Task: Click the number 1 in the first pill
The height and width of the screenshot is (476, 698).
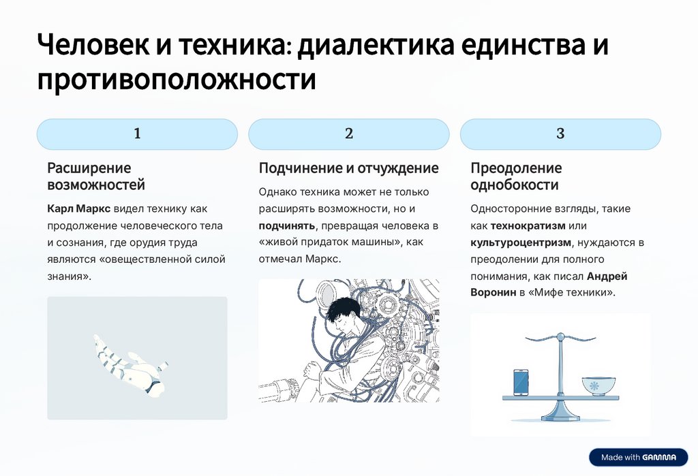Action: (x=137, y=134)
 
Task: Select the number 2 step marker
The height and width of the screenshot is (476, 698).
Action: (x=349, y=134)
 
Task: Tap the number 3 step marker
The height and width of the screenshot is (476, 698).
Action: (x=560, y=134)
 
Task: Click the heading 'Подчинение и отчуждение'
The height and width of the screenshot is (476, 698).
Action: (x=348, y=168)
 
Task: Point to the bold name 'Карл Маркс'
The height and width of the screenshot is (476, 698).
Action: (x=78, y=208)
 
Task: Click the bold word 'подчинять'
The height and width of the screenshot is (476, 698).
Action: (x=287, y=225)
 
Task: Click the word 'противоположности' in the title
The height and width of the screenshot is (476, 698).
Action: (x=177, y=80)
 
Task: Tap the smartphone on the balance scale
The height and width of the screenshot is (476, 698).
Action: (x=521, y=382)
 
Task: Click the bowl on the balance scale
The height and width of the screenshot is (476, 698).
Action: (x=598, y=385)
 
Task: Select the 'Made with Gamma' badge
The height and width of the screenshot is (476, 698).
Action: (x=638, y=457)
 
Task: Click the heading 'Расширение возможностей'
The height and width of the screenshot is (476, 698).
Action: (x=95, y=176)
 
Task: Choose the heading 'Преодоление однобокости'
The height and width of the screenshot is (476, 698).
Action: (x=516, y=176)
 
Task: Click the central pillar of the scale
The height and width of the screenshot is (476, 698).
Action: (x=560, y=375)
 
